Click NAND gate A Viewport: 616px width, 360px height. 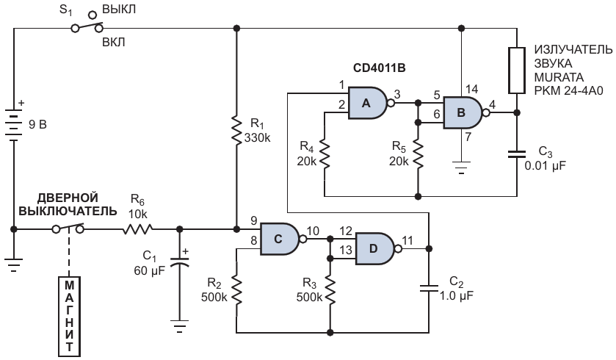click(x=368, y=103)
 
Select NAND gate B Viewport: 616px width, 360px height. click(x=463, y=113)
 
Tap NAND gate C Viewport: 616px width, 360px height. click(x=279, y=239)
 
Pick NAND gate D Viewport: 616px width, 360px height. click(x=374, y=249)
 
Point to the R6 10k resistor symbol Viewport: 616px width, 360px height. click(x=137, y=229)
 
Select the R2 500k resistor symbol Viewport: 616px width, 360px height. click(x=236, y=291)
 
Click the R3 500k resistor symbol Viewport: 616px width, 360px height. click(x=330, y=291)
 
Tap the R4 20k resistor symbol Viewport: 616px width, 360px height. click(x=325, y=154)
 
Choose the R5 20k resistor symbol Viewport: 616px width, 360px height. click(x=418, y=154)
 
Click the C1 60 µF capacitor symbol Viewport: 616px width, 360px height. click(x=180, y=262)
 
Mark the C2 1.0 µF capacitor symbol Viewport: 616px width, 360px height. click(x=429, y=289)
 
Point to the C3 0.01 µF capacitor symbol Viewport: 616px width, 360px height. click(x=517, y=154)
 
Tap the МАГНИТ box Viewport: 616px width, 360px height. click(x=69, y=317)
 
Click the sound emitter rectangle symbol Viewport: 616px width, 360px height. click(x=517, y=71)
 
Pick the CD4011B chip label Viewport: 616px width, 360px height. click(x=379, y=68)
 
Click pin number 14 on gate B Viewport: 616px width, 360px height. click(x=471, y=89)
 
